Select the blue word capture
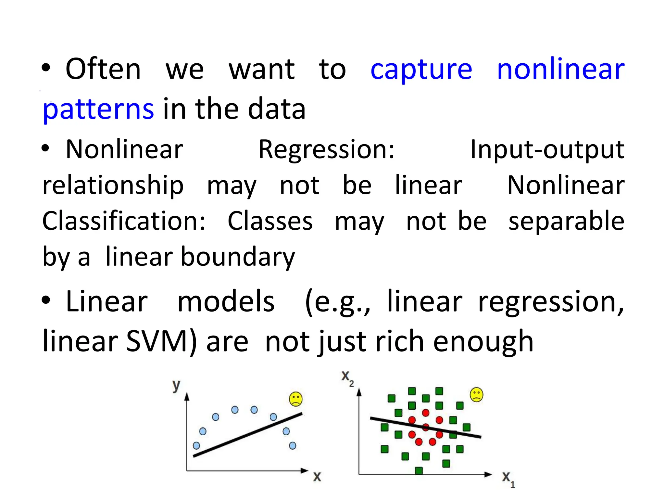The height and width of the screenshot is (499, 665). point(421,70)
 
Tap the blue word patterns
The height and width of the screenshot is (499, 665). point(98,109)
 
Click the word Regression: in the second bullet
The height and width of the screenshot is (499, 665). point(326,149)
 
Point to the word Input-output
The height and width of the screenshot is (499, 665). point(547,149)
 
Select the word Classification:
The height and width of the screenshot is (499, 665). point(124,221)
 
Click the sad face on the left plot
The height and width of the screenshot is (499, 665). point(296,399)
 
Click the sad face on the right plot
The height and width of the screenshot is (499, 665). point(476,395)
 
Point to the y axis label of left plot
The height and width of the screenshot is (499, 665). point(176,386)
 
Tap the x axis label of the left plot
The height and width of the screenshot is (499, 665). point(317,477)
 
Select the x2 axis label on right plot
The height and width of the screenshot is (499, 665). point(347,378)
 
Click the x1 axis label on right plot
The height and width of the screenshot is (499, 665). point(508,478)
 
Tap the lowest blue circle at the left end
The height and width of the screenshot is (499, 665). point(196,445)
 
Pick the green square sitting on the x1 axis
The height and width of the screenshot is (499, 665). point(419,470)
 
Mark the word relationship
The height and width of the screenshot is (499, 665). point(113,185)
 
